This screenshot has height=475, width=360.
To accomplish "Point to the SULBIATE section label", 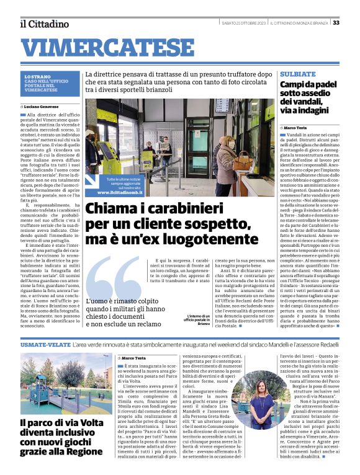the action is pyautogui.click(x=298, y=74).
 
